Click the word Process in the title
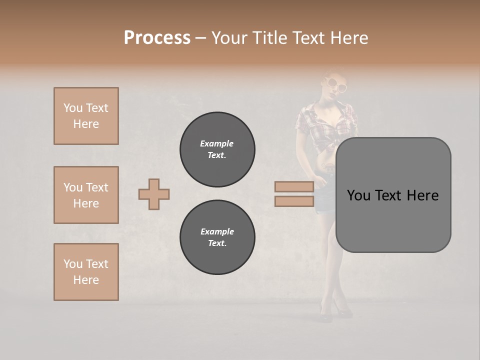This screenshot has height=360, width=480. tap(157, 38)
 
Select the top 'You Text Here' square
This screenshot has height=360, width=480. tap(86, 116)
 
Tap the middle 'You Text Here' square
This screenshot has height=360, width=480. tap(86, 195)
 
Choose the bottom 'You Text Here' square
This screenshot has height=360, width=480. tap(86, 272)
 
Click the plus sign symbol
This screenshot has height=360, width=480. tap(154, 194)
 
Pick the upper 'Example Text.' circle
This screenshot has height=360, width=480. tap(217, 149)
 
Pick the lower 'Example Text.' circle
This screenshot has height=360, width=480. tap(217, 237)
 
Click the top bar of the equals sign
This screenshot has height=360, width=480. tap(294, 187)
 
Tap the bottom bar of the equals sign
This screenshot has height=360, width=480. tap(294, 201)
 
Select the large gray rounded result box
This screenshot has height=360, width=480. tap(393, 195)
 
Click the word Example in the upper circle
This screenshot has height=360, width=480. tap(217, 143)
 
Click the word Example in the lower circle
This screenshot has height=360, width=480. tap(217, 231)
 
